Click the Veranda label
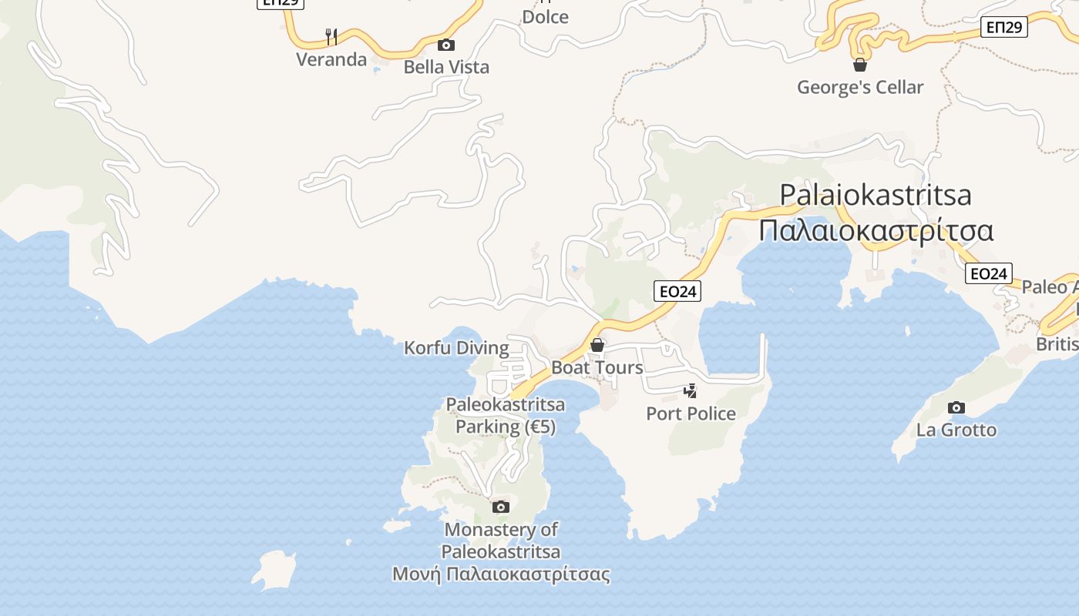pyautogui.click(x=331, y=59)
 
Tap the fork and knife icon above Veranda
pyautogui.click(x=331, y=36)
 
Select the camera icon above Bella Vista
pyautogui.click(x=446, y=45)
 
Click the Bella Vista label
pyautogui.click(x=446, y=67)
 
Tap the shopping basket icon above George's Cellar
pyautogui.click(x=860, y=65)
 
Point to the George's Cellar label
pyautogui.click(x=860, y=87)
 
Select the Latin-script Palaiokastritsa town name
pyautogui.click(x=876, y=195)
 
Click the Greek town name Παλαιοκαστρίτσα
pyautogui.click(x=876, y=230)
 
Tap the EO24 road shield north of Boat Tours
pyautogui.click(x=677, y=291)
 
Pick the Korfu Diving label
pyautogui.click(x=456, y=348)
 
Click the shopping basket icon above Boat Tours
pyautogui.click(x=597, y=345)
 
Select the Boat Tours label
pyautogui.click(x=597, y=367)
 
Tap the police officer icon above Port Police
pyautogui.click(x=691, y=391)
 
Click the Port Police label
pyautogui.click(x=691, y=413)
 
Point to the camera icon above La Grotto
pyautogui.click(x=956, y=407)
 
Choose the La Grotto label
pyautogui.click(x=956, y=430)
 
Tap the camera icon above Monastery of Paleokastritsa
pyautogui.click(x=501, y=507)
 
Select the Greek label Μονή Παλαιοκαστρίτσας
pyautogui.click(x=501, y=574)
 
